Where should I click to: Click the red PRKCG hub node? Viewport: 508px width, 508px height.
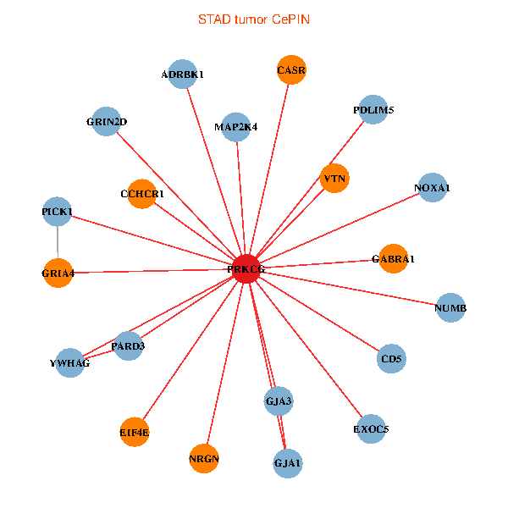246,268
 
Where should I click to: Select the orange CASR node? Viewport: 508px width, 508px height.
291,69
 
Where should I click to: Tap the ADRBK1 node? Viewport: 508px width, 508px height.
183,75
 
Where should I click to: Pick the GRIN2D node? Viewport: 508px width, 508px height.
106,121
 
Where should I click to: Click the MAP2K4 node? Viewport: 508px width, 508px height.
236,127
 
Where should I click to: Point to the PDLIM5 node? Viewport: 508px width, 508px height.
373,110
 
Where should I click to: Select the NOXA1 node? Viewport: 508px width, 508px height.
432,187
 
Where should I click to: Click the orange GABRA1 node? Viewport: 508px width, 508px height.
393,258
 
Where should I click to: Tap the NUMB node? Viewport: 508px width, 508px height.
450,307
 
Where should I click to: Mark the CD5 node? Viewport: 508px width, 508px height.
391,359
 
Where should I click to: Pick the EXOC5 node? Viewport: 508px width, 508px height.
371,428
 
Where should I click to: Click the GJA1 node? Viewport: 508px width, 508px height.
288,463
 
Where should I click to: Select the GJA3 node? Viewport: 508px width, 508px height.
279,400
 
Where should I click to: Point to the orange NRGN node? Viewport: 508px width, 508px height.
204,459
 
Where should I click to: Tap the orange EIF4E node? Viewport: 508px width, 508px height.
134,433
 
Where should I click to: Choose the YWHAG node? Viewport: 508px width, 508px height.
69,363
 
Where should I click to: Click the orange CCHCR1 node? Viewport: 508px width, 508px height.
141,194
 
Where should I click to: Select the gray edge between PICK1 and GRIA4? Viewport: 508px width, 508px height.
58,241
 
